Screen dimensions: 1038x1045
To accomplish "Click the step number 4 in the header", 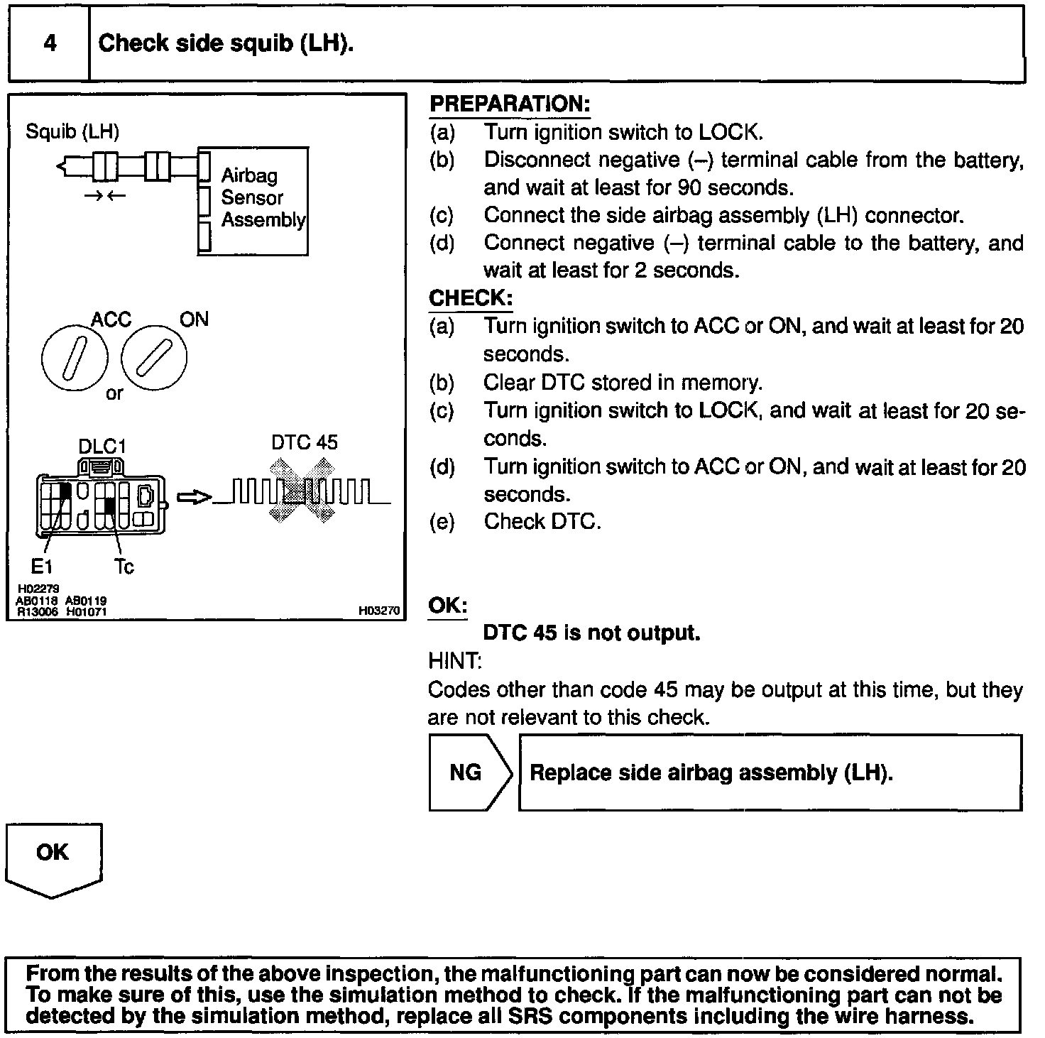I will click(x=50, y=43).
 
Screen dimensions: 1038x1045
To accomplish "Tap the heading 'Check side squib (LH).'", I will click(x=226, y=43).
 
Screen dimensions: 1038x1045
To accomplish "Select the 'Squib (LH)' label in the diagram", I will click(x=72, y=131).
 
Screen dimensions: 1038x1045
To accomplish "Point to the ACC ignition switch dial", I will click(x=75, y=357).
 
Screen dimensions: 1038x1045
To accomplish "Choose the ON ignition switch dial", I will click(x=155, y=357).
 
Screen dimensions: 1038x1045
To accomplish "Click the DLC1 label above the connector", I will click(x=102, y=447).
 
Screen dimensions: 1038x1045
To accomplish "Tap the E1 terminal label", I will click(x=41, y=566).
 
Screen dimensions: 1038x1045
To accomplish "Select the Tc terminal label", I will click(x=124, y=567).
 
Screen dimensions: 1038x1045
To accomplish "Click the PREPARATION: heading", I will click(x=510, y=104).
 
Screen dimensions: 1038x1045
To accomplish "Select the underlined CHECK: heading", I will click(x=470, y=298).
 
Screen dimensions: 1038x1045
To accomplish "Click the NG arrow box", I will click(x=469, y=772).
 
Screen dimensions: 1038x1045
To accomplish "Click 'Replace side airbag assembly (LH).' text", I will click(x=711, y=772).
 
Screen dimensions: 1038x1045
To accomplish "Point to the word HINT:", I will click(x=455, y=661).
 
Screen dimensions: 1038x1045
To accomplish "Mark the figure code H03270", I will click(x=379, y=610).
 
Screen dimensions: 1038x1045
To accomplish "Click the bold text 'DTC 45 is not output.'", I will click(x=591, y=633).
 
